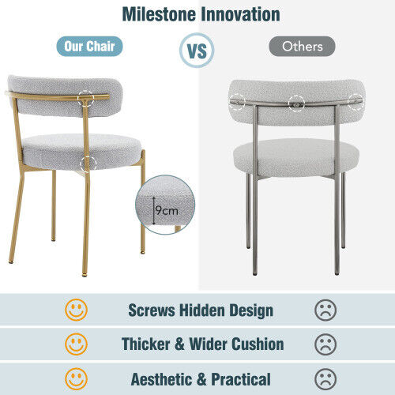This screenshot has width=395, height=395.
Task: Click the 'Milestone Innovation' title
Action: click(x=201, y=15)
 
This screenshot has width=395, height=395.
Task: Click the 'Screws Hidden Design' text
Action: click(x=201, y=310)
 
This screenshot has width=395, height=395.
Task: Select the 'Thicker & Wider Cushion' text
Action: click(x=202, y=344)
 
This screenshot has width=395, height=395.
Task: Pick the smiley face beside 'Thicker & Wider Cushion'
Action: click(x=77, y=344)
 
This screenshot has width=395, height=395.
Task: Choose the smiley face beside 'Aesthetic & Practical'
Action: click(x=77, y=378)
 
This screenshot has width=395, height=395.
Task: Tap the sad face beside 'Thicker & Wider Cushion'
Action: click(x=325, y=344)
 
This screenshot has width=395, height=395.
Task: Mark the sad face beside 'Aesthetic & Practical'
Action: click(x=325, y=378)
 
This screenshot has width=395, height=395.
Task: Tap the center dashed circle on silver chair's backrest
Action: click(x=296, y=101)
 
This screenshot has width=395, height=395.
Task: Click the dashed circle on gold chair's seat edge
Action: click(x=88, y=164)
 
